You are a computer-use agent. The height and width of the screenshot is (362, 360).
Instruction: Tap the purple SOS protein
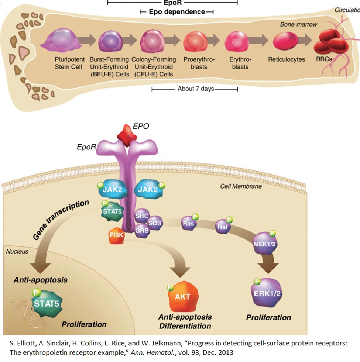coord(155,223)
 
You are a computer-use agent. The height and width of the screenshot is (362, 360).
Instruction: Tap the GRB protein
coord(141,231)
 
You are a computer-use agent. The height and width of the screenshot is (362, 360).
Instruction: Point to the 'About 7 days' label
coord(196,89)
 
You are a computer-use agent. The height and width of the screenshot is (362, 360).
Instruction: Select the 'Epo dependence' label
coord(177,12)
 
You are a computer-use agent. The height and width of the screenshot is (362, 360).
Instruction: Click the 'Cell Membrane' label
coord(241,186)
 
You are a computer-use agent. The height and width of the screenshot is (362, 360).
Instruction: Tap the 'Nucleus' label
coord(17,252)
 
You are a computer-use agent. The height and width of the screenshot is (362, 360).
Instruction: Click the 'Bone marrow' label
coord(298,24)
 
